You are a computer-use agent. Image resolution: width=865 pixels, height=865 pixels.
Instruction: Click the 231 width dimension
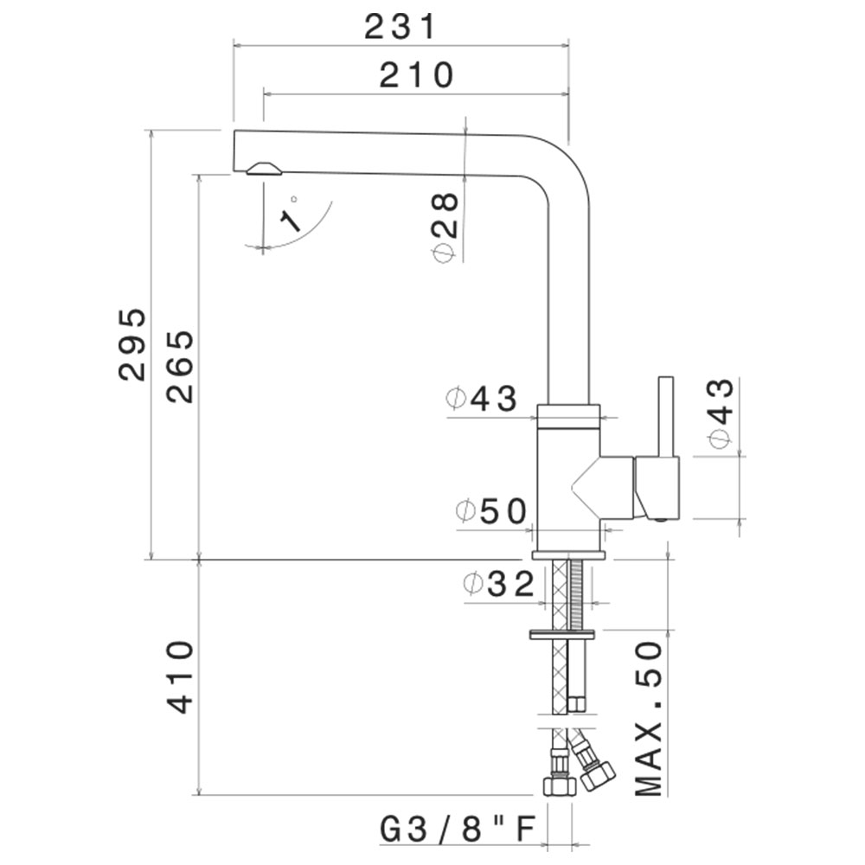tap(400, 27)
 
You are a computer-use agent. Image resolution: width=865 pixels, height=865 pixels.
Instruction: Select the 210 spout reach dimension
tap(417, 75)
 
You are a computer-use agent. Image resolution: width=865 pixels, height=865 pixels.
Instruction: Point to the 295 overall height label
tap(132, 344)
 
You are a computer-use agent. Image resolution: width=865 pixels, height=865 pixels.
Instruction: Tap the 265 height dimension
tap(181, 366)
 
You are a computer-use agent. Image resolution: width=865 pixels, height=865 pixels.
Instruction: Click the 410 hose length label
tap(181, 677)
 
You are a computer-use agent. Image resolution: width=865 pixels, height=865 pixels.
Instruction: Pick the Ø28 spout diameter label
tap(445, 227)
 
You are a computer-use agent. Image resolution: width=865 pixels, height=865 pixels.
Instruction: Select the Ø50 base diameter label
tap(491, 511)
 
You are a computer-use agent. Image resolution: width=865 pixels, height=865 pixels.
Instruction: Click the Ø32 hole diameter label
tap(499, 584)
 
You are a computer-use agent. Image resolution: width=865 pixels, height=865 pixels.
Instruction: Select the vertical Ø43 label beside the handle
tap(721, 413)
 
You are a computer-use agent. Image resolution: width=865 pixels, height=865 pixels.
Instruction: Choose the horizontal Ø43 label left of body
tap(482, 398)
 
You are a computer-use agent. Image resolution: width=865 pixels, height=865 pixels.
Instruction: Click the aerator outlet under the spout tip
tap(264, 169)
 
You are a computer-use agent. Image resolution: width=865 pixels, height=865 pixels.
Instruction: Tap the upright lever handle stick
tap(666, 418)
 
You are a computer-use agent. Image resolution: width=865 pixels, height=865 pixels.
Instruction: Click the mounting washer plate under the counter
tap(562, 634)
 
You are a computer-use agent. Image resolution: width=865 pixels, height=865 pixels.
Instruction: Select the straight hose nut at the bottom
tap(560, 785)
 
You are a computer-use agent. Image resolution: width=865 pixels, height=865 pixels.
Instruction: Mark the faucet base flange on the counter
tap(568, 555)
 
